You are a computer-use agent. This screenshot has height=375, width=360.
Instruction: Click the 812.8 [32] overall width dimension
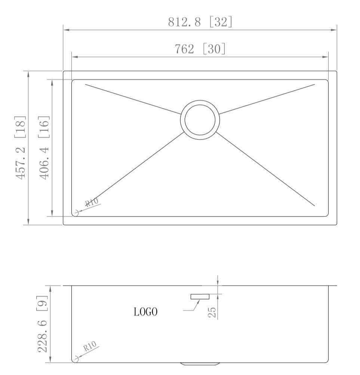click(200, 22)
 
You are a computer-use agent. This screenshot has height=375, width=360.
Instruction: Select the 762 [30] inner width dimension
click(200, 49)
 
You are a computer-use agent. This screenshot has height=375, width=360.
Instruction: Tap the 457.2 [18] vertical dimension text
click(21, 147)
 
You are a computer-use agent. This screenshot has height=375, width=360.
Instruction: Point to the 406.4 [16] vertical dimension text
click(44, 147)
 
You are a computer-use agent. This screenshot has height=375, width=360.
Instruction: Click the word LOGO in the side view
click(145, 311)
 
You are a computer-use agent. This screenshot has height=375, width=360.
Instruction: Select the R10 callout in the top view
click(92, 203)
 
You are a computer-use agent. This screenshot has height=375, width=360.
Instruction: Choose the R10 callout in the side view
click(90, 347)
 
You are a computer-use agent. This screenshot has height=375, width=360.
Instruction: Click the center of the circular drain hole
click(200, 120)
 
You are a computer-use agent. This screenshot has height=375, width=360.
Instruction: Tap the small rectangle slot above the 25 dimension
click(200, 296)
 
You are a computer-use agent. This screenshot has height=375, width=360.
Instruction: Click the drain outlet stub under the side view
click(200, 364)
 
